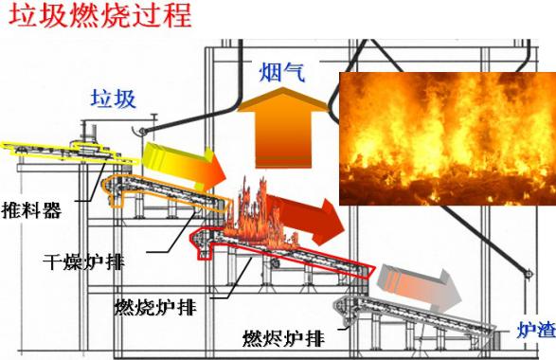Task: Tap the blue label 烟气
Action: tap(281, 71)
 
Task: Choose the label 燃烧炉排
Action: tap(156, 306)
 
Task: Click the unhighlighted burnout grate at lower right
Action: tap(417, 317)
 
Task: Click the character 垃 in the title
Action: tap(20, 17)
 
